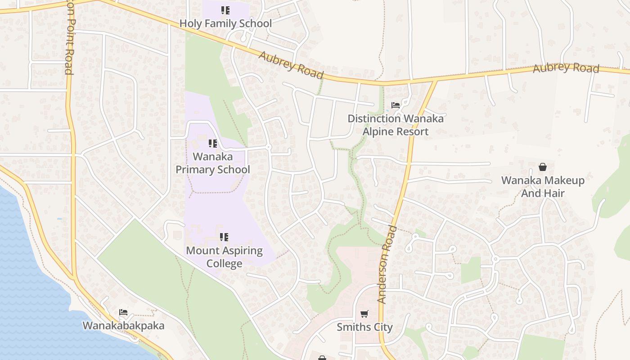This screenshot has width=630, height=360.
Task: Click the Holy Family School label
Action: [225, 23]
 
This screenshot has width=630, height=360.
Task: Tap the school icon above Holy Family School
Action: [225, 10]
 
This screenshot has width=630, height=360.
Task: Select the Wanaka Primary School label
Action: [213, 163]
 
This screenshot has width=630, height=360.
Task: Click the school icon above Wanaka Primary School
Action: [213, 144]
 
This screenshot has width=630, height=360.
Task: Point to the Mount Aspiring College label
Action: [224, 256]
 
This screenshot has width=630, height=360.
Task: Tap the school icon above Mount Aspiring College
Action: [224, 237]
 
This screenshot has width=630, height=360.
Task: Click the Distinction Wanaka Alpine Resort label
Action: [396, 125]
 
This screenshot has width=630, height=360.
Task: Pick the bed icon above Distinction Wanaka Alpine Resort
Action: [396, 105]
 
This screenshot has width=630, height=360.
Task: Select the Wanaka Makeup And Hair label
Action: [543, 186]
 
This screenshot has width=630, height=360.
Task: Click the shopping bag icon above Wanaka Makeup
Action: [543, 167]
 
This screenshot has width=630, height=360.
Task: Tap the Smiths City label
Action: [364, 327]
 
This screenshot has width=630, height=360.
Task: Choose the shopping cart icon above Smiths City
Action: [364, 314]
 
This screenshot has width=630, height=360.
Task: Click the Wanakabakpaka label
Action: [123, 325]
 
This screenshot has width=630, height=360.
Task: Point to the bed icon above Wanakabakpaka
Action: [123, 312]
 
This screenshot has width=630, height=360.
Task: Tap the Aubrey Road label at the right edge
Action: [566, 68]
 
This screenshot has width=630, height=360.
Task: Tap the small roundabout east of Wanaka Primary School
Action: [269, 147]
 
